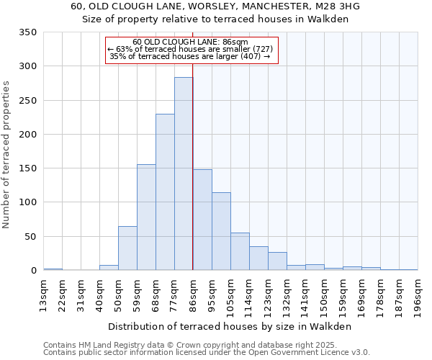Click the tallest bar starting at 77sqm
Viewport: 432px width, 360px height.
(184, 174)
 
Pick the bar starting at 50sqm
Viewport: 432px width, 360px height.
(127, 248)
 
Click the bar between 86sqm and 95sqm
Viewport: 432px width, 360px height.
(202, 220)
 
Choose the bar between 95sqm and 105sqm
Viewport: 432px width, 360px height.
(221, 231)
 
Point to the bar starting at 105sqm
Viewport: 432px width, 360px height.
(240, 251)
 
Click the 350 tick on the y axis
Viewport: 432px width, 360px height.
(28, 32)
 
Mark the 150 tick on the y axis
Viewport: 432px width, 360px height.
(28, 168)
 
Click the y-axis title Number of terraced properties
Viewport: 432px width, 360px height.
(7, 154)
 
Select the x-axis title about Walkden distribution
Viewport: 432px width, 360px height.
(230, 326)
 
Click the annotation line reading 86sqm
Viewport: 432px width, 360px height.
(191, 42)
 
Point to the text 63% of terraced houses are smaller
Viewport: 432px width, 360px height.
(191, 49)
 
